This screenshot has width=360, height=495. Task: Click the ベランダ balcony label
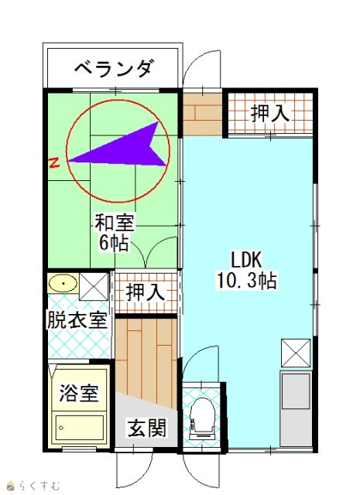[x=115, y=68]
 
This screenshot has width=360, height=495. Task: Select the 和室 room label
[x=115, y=223]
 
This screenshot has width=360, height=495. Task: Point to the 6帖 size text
[x=114, y=243]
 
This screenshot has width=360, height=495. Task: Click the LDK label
[x=246, y=260]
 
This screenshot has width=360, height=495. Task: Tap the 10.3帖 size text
[x=247, y=280]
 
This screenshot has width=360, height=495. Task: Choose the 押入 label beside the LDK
[x=270, y=114]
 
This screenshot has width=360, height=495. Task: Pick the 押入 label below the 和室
[x=146, y=292]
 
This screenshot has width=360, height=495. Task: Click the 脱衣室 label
[x=77, y=319]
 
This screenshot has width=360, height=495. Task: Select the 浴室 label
[x=79, y=393]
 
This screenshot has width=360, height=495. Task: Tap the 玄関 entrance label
[x=147, y=428]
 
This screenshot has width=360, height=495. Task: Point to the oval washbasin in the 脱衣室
[x=63, y=283]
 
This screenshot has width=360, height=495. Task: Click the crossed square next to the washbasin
[x=94, y=287]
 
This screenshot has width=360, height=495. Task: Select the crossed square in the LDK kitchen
[x=296, y=353]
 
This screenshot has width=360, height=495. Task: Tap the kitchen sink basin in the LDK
[x=296, y=391]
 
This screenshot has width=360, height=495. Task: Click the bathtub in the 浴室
[x=79, y=428]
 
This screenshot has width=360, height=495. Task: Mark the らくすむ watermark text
[x=39, y=486]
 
